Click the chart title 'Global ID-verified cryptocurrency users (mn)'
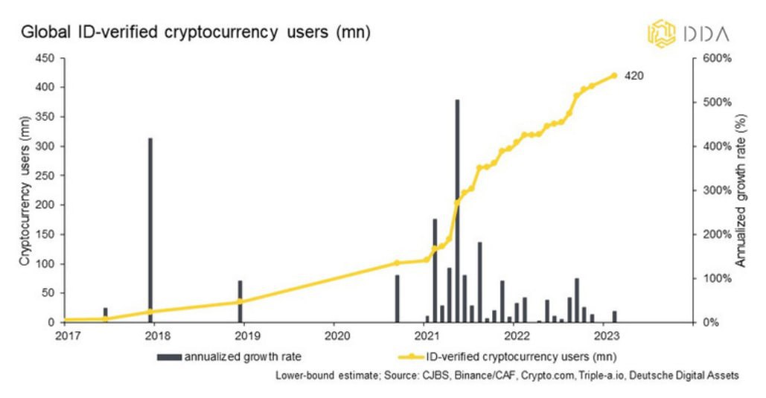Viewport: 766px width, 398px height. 195,33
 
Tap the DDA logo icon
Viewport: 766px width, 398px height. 660,33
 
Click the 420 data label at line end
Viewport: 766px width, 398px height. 633,75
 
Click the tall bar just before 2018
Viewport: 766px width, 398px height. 150,230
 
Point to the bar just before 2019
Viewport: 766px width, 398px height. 240,301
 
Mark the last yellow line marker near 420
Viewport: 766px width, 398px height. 614,75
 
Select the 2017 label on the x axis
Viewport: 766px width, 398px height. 66,336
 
